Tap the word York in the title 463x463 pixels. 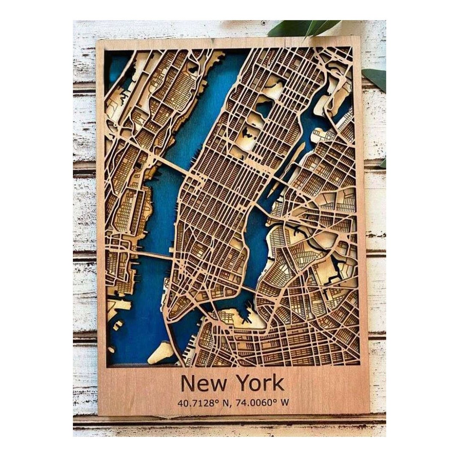pyautogui.click(x=257, y=383)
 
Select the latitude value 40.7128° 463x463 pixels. pyautogui.click(x=195, y=403)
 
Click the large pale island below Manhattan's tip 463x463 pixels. pyautogui.click(x=162, y=352)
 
